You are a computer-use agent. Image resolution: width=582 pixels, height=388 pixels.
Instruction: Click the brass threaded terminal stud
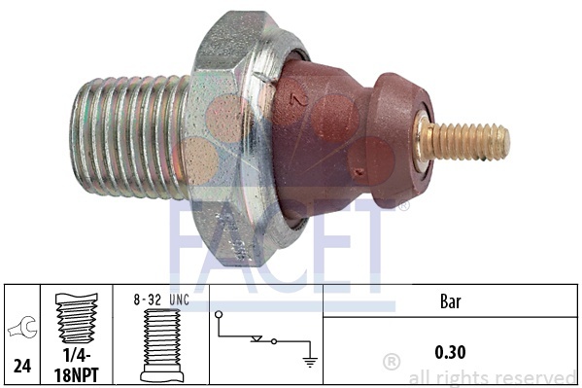point(465,142)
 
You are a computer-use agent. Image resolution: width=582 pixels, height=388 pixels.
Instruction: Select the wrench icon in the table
point(22,328)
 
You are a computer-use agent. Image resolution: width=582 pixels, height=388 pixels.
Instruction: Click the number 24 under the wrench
point(22,366)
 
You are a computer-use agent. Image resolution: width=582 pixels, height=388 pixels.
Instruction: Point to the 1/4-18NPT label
point(77,366)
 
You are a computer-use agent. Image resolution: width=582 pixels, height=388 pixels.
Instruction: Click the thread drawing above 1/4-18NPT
point(76,319)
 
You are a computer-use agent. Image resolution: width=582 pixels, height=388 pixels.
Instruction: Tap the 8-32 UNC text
point(161,300)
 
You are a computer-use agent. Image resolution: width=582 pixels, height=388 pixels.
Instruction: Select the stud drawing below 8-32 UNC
point(162,345)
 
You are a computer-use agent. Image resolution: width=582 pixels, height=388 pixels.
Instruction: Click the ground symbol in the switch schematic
point(310,362)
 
